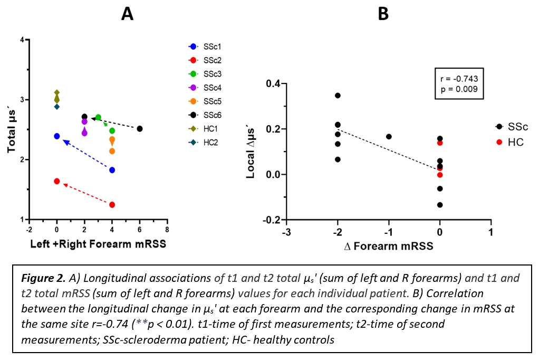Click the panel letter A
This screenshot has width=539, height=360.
coord(127,14)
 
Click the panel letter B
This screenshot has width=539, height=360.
coord(383,14)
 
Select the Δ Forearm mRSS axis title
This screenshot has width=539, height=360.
coord(389,246)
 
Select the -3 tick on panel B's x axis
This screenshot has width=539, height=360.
coord(286,233)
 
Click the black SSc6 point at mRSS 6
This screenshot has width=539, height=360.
coord(140,129)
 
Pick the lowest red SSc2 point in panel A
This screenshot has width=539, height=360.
coord(112,204)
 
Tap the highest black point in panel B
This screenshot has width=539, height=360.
coord(338,96)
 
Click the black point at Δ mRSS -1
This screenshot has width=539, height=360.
coord(389,137)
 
